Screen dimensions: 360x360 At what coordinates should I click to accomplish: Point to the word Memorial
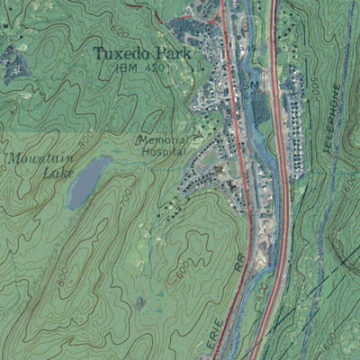tap(162, 140)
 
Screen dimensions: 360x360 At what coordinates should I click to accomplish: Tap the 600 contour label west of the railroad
tap(182, 267)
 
